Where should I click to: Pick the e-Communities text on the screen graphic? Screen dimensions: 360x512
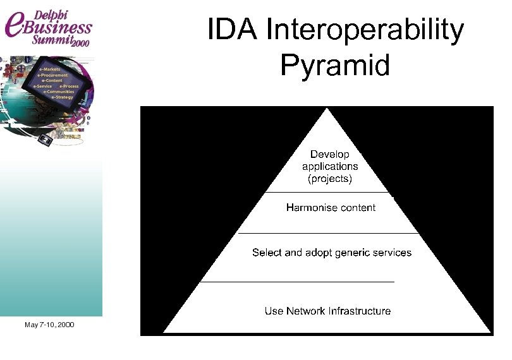pos(59,92)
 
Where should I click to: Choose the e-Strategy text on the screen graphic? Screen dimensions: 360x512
pos(62,97)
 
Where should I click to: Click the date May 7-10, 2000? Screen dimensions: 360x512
pos(49,325)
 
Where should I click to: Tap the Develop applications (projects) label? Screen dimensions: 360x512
pos(329,167)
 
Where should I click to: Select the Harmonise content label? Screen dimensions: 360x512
pos(331,207)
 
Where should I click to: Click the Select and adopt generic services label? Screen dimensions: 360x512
pos(331,253)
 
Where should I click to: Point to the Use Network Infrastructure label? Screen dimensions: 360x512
pos(327,311)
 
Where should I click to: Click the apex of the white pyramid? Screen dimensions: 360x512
pos(327,110)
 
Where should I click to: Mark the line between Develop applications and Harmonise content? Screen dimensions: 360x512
pos(327,192)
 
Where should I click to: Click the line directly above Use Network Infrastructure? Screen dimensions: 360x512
pos(297,281)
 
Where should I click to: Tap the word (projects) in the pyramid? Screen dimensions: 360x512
pos(329,179)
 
